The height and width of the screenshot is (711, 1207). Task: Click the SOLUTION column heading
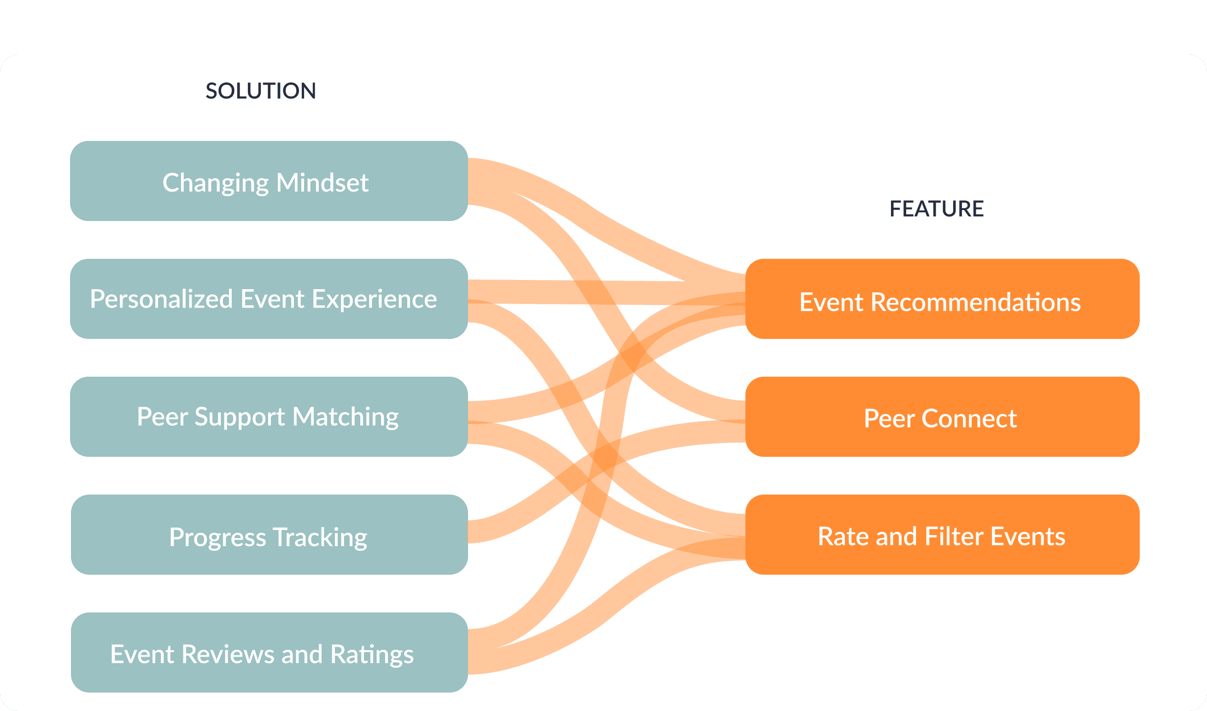[261, 91]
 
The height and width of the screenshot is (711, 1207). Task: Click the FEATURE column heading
[936, 209]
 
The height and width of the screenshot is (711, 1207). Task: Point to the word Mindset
[322, 182]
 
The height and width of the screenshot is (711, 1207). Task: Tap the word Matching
[346, 417]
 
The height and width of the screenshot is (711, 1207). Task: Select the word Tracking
[320, 537]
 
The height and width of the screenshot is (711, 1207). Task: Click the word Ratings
[372, 654]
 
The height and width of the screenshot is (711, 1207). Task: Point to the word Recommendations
[976, 303]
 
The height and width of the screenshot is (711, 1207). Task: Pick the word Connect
[969, 418]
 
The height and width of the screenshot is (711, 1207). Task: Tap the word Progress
[217, 537]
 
